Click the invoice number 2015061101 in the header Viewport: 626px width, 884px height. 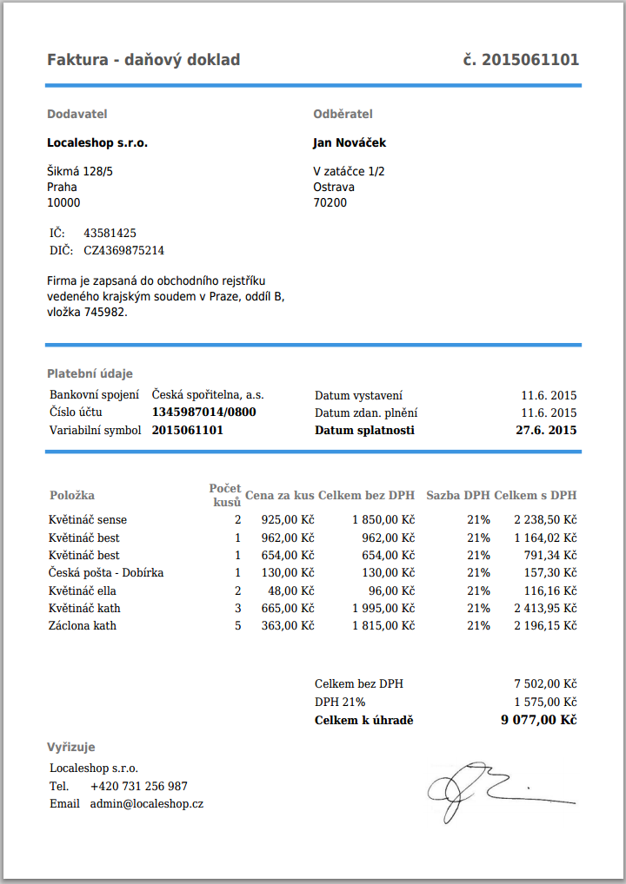click(x=530, y=60)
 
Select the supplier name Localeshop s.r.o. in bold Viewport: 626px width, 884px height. click(x=97, y=142)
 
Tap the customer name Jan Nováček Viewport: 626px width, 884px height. click(x=350, y=142)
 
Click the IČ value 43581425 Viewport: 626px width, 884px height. click(x=110, y=233)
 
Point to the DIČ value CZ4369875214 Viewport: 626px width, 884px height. click(x=123, y=250)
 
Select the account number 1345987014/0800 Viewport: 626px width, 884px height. click(x=203, y=412)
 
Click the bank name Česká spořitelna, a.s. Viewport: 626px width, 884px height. click(x=208, y=395)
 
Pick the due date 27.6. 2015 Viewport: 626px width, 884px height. click(x=546, y=430)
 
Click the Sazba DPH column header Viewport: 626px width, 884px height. click(x=457, y=496)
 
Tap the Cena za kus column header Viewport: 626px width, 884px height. click(x=279, y=496)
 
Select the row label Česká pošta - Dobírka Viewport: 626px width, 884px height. click(x=106, y=572)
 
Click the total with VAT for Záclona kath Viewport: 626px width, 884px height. click(x=545, y=625)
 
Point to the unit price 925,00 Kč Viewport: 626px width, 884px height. click(x=287, y=519)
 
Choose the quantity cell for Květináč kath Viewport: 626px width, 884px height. click(x=237, y=608)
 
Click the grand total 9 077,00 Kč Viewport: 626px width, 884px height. click(x=539, y=720)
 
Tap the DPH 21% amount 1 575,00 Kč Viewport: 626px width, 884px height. click(x=545, y=702)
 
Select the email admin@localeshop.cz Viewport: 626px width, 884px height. click(x=146, y=804)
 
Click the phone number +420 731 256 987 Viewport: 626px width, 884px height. click(x=138, y=786)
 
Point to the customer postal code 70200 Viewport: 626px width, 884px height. click(x=330, y=203)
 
